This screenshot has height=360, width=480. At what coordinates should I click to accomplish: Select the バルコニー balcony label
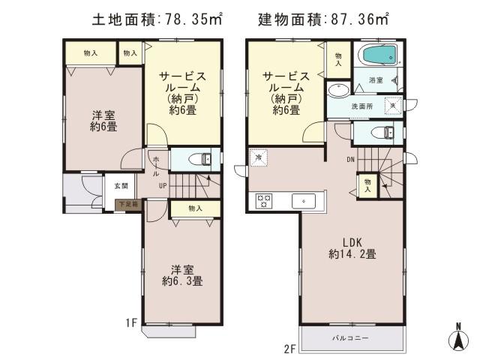(351, 338)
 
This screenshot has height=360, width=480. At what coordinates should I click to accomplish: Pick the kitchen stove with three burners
(264, 201)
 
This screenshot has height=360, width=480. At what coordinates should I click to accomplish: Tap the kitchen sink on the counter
(303, 201)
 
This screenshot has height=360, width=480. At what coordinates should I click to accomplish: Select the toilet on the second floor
(384, 133)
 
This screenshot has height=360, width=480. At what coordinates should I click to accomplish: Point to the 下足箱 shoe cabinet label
(126, 203)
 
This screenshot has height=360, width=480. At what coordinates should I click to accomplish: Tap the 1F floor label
(131, 324)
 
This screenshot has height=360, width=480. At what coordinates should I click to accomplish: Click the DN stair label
(350, 160)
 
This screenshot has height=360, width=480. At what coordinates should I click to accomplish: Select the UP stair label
(162, 186)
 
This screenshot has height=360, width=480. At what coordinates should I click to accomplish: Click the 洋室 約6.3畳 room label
(182, 275)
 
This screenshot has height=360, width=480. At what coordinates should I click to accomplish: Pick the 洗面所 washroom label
(362, 106)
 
